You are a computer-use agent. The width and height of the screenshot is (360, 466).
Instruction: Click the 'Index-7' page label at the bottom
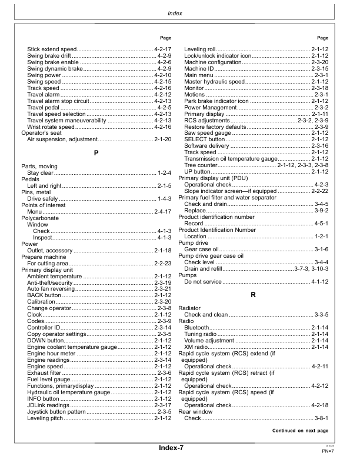[x=171, y=448]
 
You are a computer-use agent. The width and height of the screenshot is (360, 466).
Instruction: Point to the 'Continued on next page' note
[x=300, y=431]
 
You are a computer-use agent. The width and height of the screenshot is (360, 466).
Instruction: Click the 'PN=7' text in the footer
[x=328, y=451]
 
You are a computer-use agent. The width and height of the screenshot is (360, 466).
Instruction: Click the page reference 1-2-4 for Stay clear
[x=164, y=172]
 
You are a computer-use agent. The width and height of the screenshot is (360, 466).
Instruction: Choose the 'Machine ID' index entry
[x=199, y=68]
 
